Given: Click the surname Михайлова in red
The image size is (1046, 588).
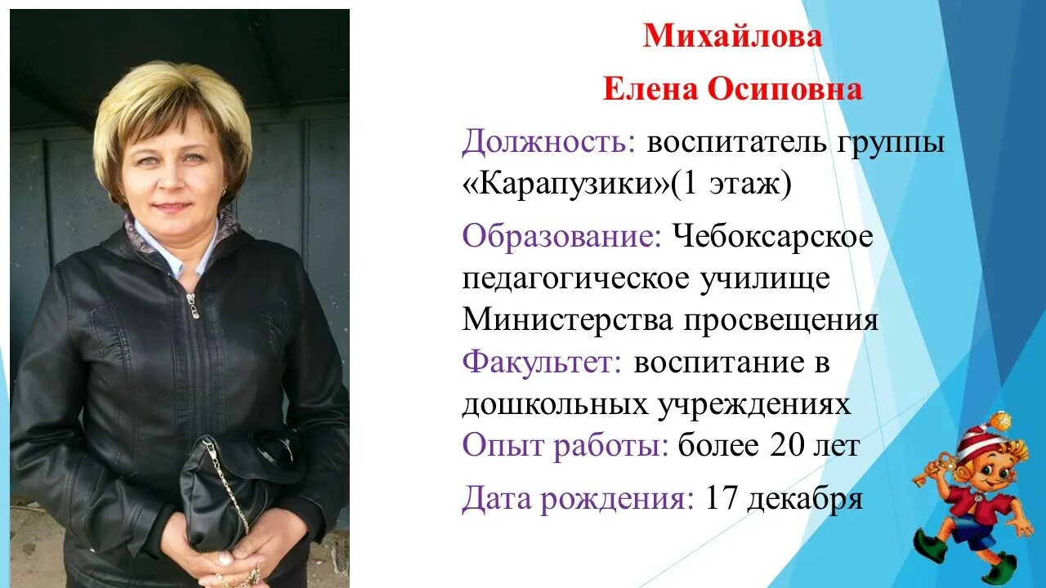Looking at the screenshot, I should [x=732, y=37].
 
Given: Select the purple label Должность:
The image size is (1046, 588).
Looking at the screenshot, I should [x=548, y=145].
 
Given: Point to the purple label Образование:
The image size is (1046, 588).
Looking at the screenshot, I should [x=562, y=238].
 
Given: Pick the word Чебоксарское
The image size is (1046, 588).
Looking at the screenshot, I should [x=773, y=238].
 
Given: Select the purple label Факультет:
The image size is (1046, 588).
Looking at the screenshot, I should [x=542, y=362].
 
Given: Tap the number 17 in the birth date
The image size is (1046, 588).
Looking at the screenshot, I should [x=721, y=498].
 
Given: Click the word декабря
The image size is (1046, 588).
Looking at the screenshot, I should [x=806, y=498].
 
